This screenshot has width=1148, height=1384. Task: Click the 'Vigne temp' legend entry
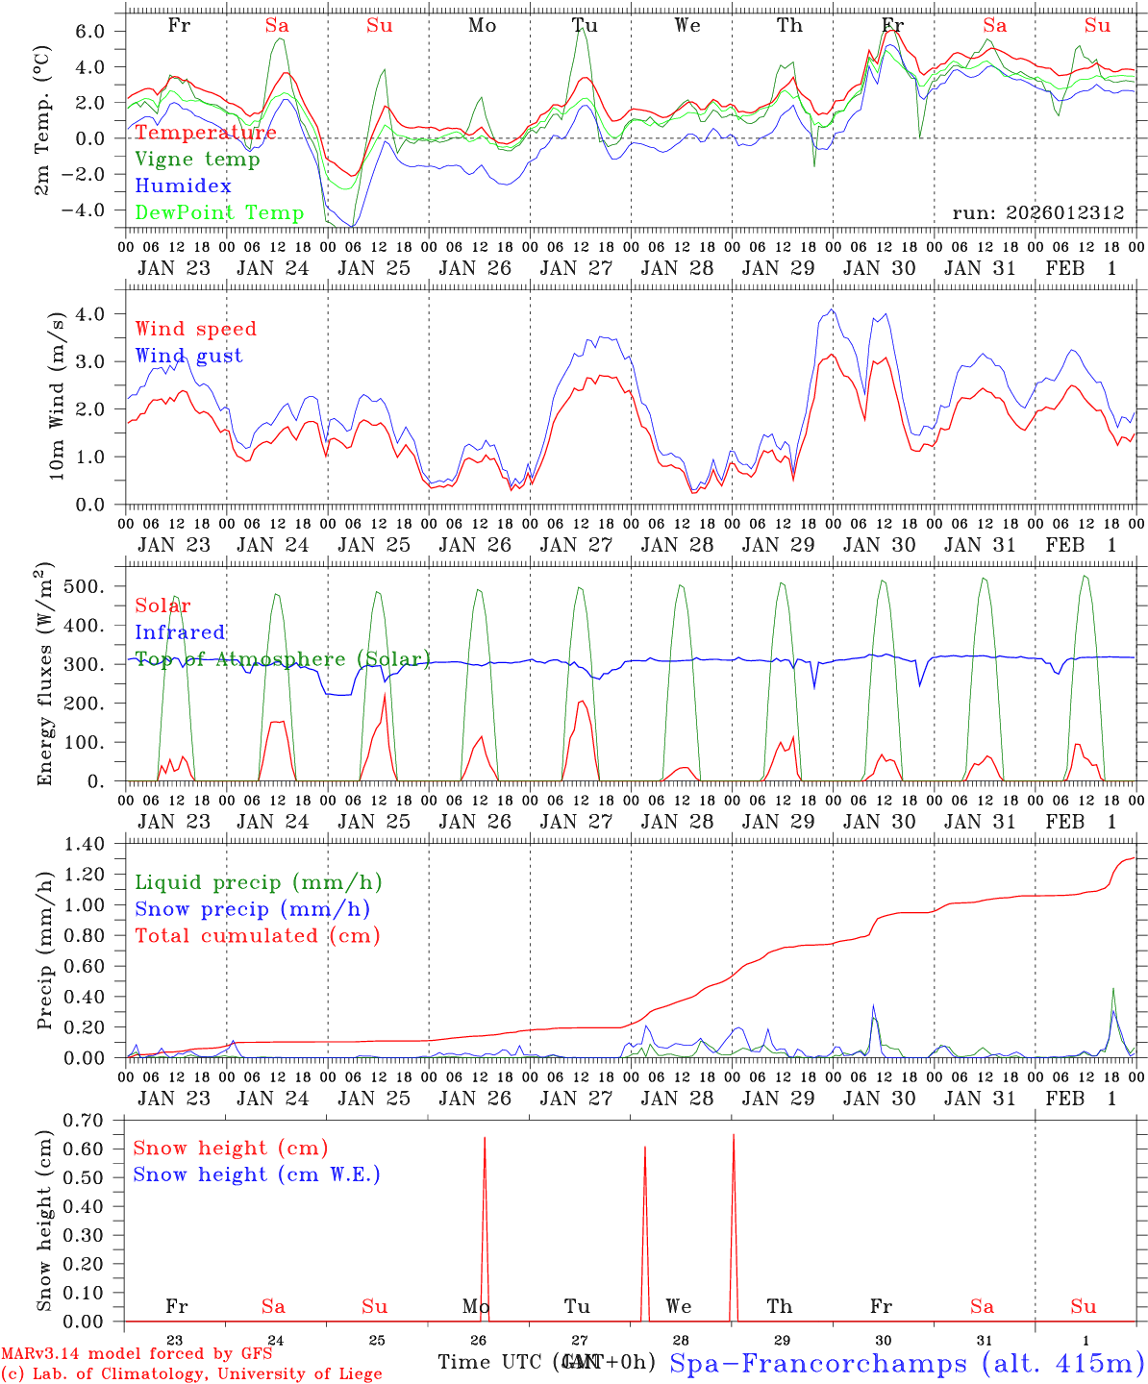click(197, 160)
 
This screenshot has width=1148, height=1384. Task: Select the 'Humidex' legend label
click(183, 185)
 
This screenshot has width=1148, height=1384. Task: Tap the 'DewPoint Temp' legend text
click(219, 212)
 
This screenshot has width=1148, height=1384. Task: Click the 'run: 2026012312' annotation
click(1037, 212)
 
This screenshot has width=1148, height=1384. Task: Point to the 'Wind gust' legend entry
click(188, 356)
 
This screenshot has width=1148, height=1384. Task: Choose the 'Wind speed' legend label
click(196, 329)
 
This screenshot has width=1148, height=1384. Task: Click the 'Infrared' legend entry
click(180, 632)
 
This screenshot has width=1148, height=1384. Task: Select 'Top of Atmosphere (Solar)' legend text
click(283, 659)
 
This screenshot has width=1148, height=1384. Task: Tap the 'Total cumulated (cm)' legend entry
click(258, 935)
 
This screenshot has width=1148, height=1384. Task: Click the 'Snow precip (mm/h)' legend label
click(253, 909)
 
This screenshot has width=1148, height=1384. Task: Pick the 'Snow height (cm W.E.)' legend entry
click(257, 1174)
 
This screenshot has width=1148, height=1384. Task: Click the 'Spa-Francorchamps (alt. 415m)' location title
click(907, 1363)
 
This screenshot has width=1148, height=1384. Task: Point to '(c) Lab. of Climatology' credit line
click(191, 1373)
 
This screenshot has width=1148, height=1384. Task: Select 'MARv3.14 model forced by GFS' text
click(137, 1354)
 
